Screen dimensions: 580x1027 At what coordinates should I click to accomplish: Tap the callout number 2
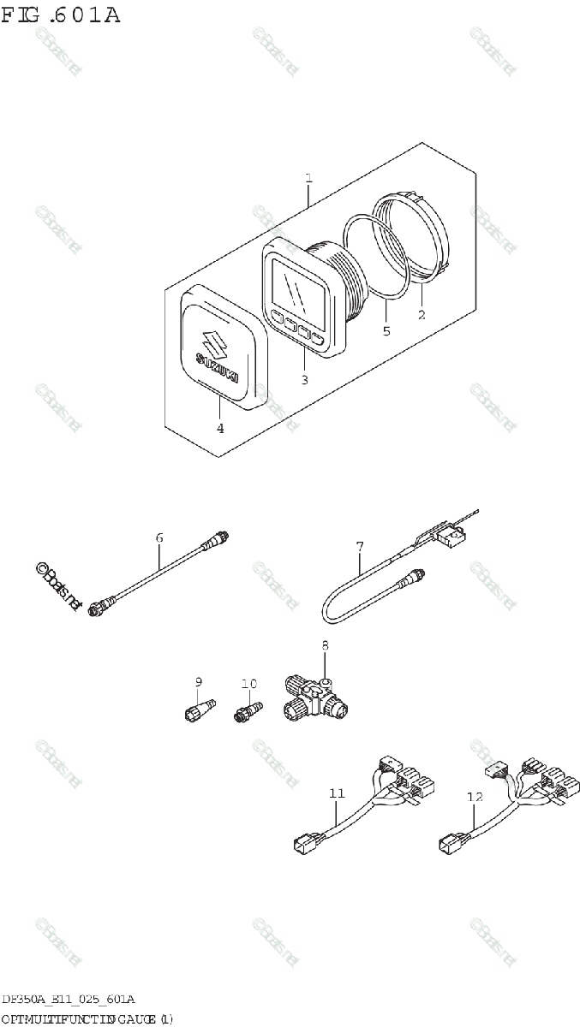click(x=421, y=315)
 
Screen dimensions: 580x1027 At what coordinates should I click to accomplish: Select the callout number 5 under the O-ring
click(x=386, y=330)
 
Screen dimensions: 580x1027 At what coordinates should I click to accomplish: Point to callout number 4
click(x=220, y=428)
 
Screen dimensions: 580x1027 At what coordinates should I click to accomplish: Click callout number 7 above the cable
click(x=360, y=546)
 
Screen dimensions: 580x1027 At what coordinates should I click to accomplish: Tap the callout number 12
click(x=475, y=796)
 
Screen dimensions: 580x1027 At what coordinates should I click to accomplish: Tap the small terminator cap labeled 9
click(x=194, y=711)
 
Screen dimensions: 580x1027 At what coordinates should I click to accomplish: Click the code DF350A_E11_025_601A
click(x=68, y=1000)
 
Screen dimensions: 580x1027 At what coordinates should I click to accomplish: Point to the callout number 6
click(x=159, y=537)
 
